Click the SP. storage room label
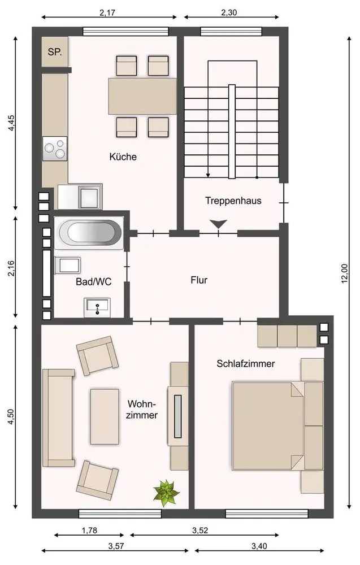pyautogui.click(x=55, y=52)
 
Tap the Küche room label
pyautogui.click(x=123, y=157)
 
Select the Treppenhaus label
pyautogui.click(x=233, y=201)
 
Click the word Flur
pyautogui.click(x=199, y=280)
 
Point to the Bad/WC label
pyautogui.click(x=94, y=281)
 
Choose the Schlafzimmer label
pyautogui.click(x=246, y=363)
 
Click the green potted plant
pyautogui.click(x=166, y=493)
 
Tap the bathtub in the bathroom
pyautogui.click(x=89, y=232)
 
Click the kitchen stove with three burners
pyautogui.click(x=55, y=149)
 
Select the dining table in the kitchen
pyautogui.click(x=143, y=96)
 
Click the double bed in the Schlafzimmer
pyautogui.click(x=268, y=426)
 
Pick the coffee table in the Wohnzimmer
pyautogui.click(x=105, y=416)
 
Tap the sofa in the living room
pyautogui.click(x=58, y=418)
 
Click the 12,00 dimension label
pyautogui.click(x=344, y=273)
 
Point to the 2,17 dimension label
pyautogui.click(x=107, y=13)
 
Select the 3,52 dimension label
pyautogui.click(x=200, y=531)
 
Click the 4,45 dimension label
pyautogui.click(x=11, y=123)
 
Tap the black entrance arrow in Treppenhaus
pyautogui.click(x=218, y=224)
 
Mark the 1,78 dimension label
pyautogui.click(x=89, y=531)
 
